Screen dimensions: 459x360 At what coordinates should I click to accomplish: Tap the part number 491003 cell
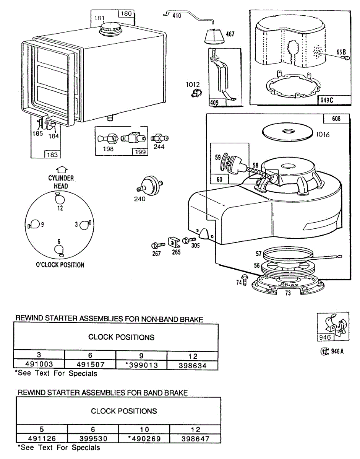pos(39,365)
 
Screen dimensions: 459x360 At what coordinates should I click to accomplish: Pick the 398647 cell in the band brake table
pos(195,439)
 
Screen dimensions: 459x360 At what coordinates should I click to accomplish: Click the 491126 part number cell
pos(42,439)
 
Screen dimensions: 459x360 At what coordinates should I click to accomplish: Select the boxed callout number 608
pos(337,119)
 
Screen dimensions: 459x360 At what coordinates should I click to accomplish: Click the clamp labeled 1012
pos(196,93)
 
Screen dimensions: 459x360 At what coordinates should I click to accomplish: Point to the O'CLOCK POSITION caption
pos(60,265)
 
